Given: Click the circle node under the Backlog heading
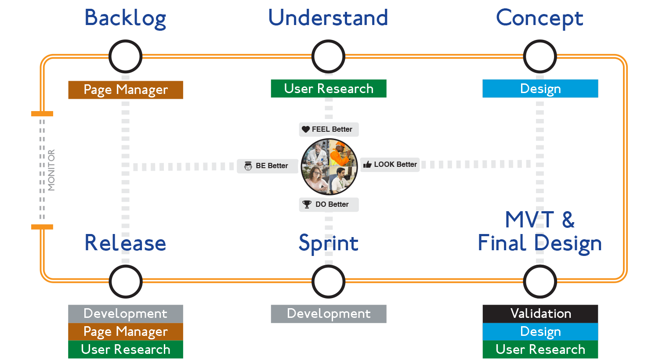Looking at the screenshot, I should [125, 57].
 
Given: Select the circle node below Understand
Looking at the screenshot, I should [328, 57].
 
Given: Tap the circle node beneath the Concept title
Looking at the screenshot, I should [540, 57].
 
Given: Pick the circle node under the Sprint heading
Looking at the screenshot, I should [328, 281].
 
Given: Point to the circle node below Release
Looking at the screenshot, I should [125, 281].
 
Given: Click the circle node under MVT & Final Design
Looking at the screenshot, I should [540, 281].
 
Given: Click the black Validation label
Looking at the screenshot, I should [540, 313].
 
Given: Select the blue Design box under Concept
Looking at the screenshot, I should [540, 89].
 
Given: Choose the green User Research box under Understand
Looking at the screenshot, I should [328, 89].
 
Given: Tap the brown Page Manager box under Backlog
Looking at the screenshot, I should [125, 90].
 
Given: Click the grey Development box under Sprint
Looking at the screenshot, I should [328, 314].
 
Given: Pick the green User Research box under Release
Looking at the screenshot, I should [125, 349].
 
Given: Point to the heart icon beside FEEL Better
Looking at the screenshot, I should [306, 130].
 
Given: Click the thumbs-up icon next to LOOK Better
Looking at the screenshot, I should [367, 165].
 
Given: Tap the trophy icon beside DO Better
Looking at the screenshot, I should [307, 204].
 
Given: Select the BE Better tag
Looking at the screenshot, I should [268, 166].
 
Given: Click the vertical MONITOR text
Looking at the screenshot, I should [51, 170].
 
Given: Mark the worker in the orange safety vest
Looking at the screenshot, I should [340, 154].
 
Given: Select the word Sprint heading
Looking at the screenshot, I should [328, 243].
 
